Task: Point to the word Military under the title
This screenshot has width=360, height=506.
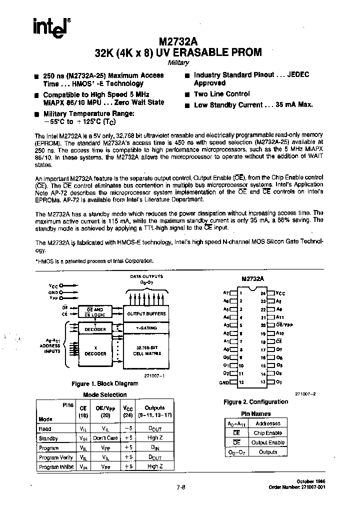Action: coord(178,63)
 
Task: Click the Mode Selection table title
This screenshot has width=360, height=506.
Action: coord(97,394)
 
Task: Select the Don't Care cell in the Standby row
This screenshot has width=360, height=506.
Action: coord(105,438)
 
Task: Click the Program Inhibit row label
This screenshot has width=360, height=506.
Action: coord(55,466)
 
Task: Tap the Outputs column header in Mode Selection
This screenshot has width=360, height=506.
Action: coord(154,407)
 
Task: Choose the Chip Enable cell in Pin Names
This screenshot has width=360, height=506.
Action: coord(268,433)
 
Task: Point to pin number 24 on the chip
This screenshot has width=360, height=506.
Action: coord(263,293)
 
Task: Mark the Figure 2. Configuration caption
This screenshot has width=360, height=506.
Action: coord(255,401)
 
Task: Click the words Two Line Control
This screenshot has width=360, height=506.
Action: coord(221,94)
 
